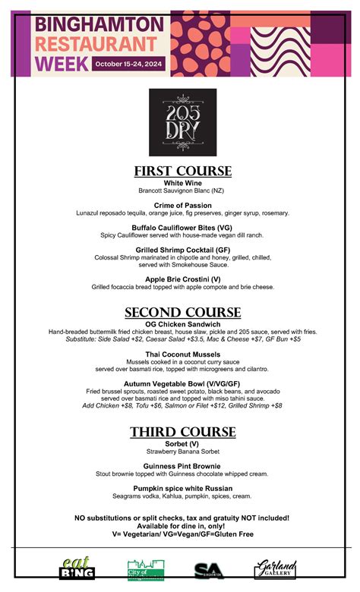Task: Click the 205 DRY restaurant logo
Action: (x=182, y=122)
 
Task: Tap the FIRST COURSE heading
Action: (x=182, y=171)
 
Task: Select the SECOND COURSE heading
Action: (x=182, y=313)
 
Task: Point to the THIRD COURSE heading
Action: (x=182, y=432)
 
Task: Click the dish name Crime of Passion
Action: (x=182, y=205)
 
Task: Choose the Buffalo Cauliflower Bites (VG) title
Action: (x=182, y=227)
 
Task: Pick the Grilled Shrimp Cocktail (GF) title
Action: (x=182, y=249)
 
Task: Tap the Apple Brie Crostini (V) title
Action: (x=182, y=279)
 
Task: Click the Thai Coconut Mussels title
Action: (x=182, y=354)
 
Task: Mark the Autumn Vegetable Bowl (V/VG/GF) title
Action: (x=182, y=384)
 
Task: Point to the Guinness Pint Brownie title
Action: (x=182, y=465)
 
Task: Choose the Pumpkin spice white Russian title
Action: (x=182, y=487)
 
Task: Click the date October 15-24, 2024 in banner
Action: (x=132, y=64)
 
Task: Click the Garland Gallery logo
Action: (x=275, y=568)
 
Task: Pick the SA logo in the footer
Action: (x=209, y=570)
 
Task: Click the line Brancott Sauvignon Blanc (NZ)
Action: (x=182, y=191)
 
